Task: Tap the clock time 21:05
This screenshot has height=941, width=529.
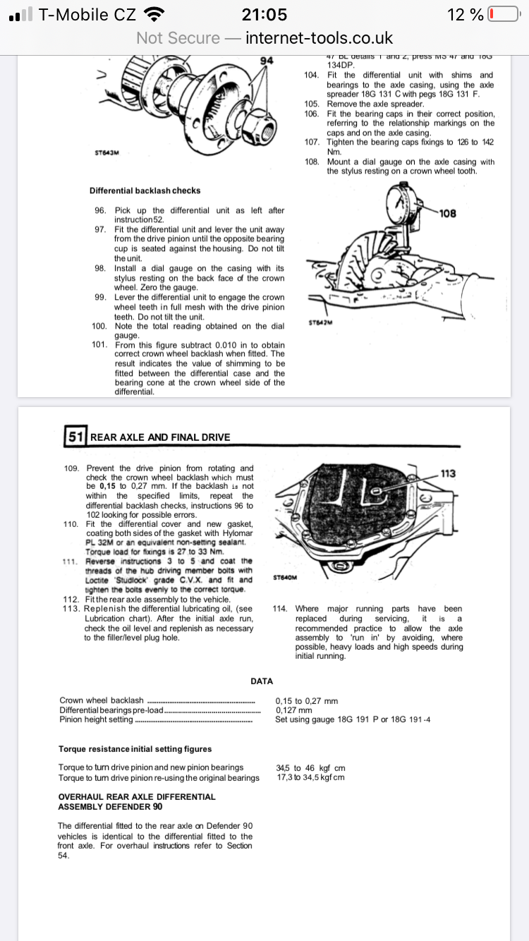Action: point(264,15)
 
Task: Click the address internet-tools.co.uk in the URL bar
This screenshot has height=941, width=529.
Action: point(319,38)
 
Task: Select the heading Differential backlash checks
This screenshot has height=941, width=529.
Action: point(145,190)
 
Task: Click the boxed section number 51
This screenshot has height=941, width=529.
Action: point(75,437)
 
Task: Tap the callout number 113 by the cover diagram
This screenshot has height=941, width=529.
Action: point(449,473)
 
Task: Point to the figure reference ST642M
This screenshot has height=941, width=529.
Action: point(320,323)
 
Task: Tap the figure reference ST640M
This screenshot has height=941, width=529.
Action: point(284,577)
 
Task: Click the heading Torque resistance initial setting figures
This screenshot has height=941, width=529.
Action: point(135,748)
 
